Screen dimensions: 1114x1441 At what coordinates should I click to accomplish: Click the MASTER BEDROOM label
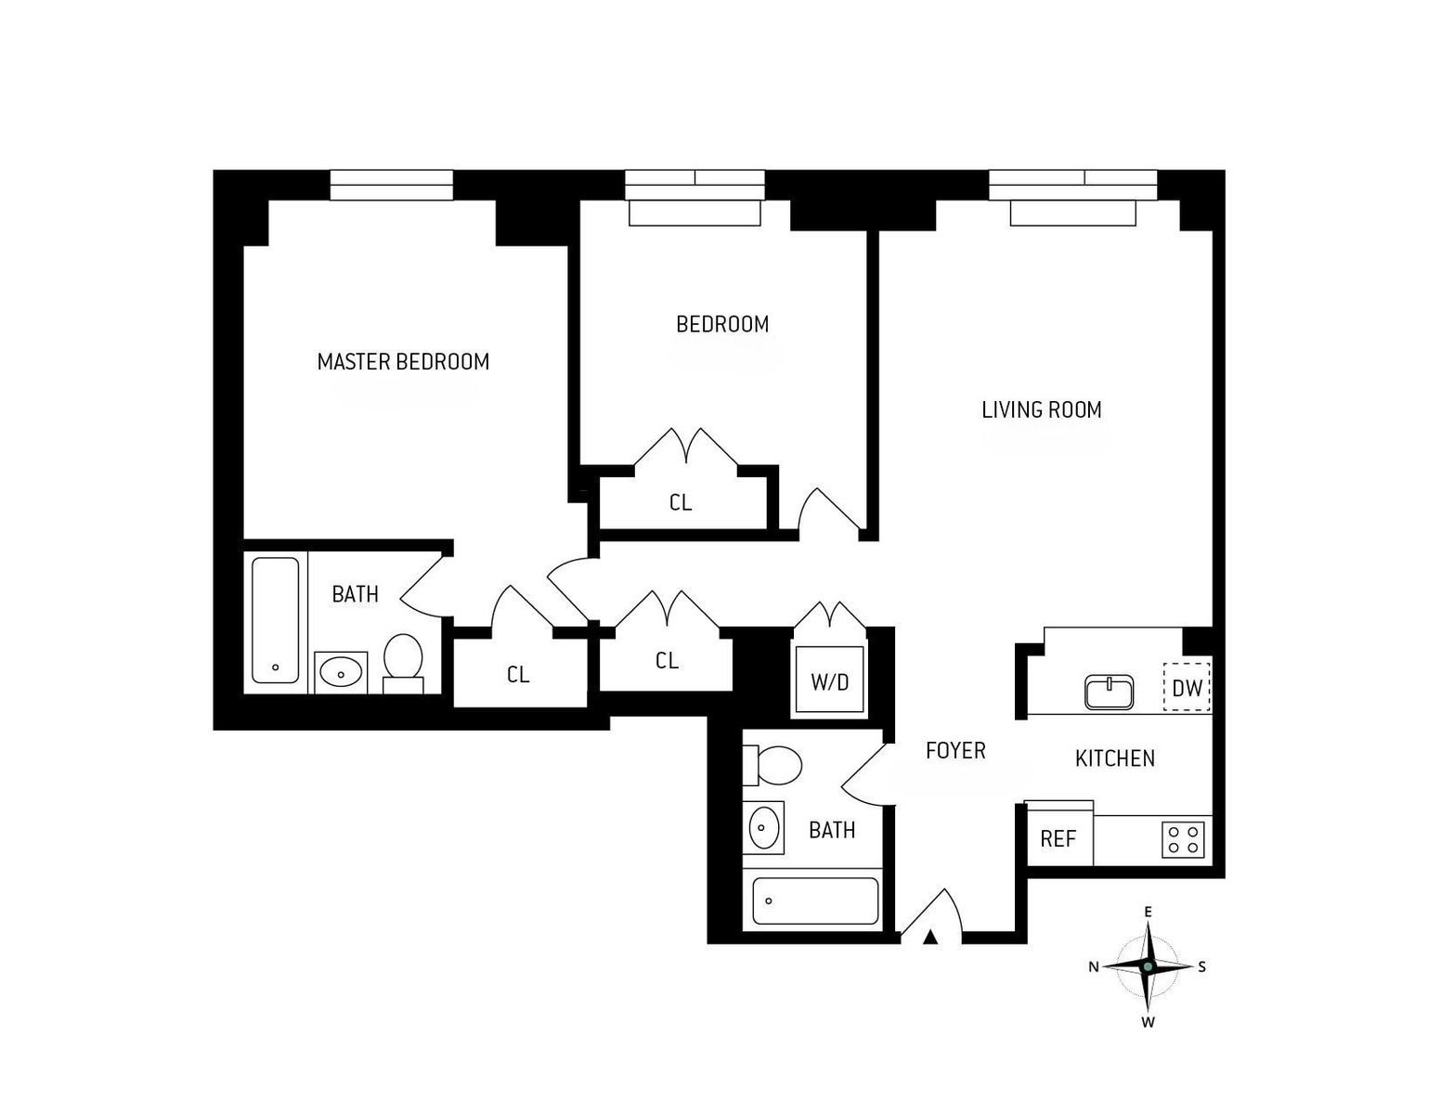pyautogui.click(x=403, y=362)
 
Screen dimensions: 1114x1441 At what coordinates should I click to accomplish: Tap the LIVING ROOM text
pyautogui.click(x=1041, y=409)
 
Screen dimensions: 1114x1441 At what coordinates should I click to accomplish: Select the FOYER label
pyautogui.click(x=954, y=750)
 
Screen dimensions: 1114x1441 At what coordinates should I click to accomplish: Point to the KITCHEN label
pyautogui.click(x=1114, y=758)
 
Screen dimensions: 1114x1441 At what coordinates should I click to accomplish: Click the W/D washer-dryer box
pyautogui.click(x=829, y=682)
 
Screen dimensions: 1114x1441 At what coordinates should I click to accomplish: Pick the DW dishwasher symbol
pyautogui.click(x=1187, y=688)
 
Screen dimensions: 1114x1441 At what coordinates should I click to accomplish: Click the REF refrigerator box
pyautogui.click(x=1058, y=838)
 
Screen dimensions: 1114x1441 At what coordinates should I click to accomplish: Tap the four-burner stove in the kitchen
pyautogui.click(x=1183, y=840)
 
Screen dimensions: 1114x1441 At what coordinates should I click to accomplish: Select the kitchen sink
pyautogui.click(x=1109, y=692)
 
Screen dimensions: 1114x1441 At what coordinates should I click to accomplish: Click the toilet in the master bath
pyautogui.click(x=403, y=660)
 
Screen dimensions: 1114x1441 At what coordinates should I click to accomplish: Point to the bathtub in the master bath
pyautogui.click(x=276, y=619)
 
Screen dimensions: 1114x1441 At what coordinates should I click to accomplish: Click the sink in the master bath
pyautogui.click(x=341, y=672)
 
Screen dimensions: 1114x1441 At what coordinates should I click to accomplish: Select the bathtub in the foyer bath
pyautogui.click(x=815, y=900)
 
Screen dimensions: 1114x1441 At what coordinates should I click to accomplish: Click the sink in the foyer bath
pyautogui.click(x=763, y=826)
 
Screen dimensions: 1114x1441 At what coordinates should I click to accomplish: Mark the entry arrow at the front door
pyautogui.click(x=930, y=937)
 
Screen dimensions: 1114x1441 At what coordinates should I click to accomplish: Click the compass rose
pyautogui.click(x=1148, y=966)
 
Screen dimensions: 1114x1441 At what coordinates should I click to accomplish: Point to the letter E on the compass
pyautogui.click(x=1148, y=912)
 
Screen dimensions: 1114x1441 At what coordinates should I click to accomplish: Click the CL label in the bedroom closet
pyautogui.click(x=680, y=502)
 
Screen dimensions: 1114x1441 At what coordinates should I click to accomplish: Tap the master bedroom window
pyautogui.click(x=392, y=185)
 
